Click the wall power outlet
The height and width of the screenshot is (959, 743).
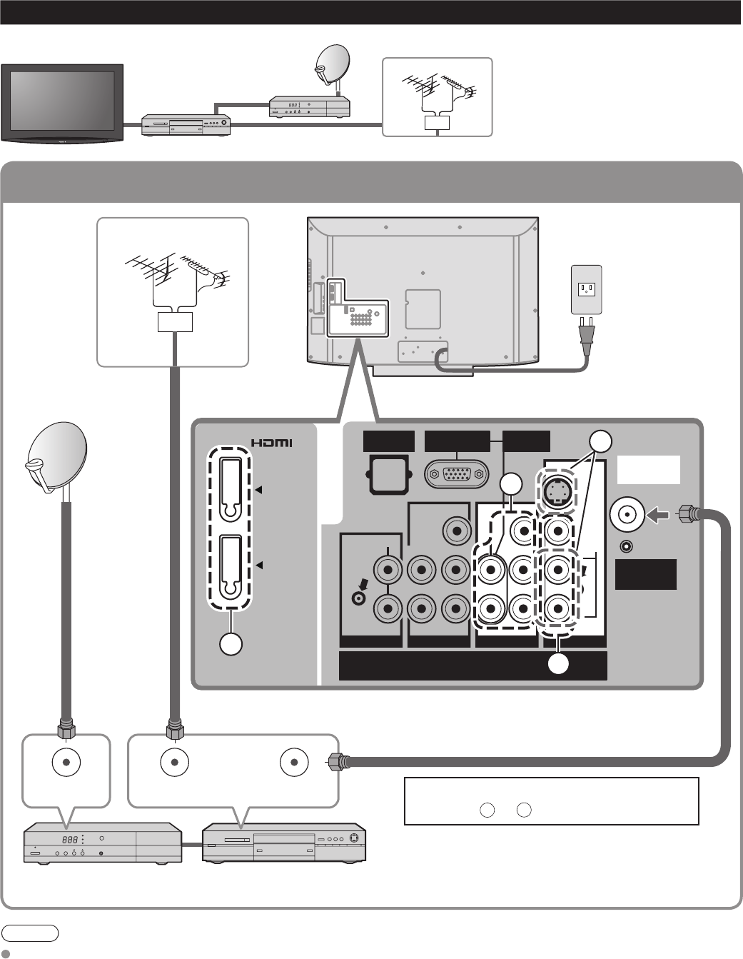click(x=587, y=288)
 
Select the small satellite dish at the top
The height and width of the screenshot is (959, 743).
click(x=332, y=63)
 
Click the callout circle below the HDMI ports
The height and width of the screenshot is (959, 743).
click(x=230, y=643)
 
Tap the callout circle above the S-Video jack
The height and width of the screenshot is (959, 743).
click(x=601, y=441)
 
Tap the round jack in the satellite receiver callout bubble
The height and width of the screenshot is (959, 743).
click(x=65, y=763)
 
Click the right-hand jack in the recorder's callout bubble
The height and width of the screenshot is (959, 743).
click(x=294, y=763)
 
